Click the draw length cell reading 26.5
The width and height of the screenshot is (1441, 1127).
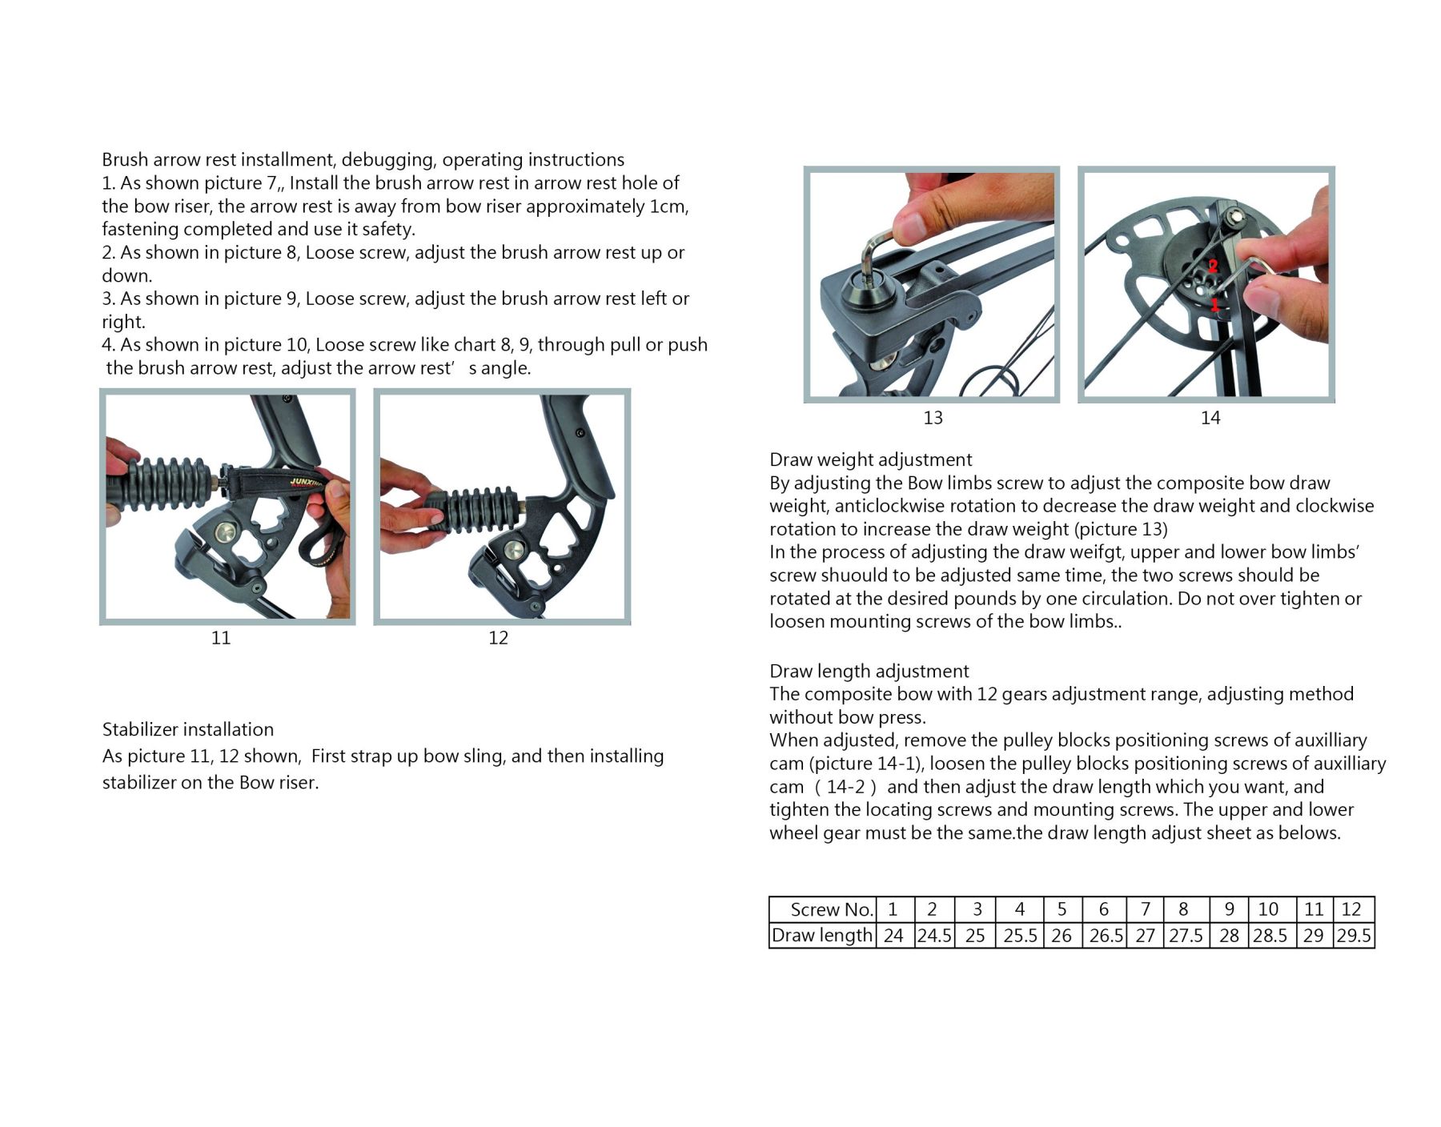[x=1106, y=936]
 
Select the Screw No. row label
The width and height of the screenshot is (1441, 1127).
[x=831, y=910]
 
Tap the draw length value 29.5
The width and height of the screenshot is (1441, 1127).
[x=1354, y=936]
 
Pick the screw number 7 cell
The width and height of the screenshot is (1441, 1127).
[x=1146, y=909]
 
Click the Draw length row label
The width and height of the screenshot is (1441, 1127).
[x=821, y=936]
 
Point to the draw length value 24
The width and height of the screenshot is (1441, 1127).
[x=893, y=936]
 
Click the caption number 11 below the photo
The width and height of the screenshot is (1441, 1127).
[x=221, y=638]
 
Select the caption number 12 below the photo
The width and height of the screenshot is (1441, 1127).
[x=498, y=638]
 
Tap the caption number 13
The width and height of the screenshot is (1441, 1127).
[x=933, y=418]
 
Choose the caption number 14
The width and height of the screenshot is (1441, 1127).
[x=1210, y=418]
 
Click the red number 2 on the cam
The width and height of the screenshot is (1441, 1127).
[x=1213, y=266]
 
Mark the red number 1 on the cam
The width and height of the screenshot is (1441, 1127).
[x=1214, y=305]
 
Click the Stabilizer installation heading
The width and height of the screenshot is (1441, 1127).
[x=188, y=730]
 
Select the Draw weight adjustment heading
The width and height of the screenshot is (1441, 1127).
[x=870, y=460]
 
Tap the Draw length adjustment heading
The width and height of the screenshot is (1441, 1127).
[x=869, y=672]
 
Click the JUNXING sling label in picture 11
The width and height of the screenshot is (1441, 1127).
[x=304, y=483]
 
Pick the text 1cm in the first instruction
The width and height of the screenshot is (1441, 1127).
[x=668, y=207]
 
